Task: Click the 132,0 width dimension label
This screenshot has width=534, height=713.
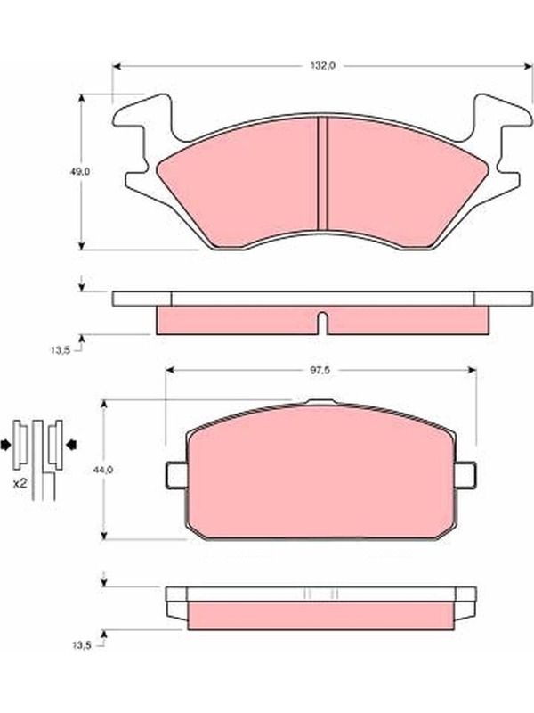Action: [x=322, y=66]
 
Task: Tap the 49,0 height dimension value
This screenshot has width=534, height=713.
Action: [x=80, y=172]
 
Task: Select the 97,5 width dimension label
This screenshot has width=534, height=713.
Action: [x=320, y=371]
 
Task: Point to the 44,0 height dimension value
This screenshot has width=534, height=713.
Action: [x=102, y=470]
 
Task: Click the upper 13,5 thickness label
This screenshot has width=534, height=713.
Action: [x=61, y=350]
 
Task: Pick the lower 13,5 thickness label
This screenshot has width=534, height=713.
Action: [x=82, y=644]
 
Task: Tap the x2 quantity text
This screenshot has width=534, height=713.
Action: [x=20, y=484]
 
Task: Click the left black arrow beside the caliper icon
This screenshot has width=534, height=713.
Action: [x=6, y=445]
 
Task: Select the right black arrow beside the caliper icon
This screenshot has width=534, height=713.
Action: [x=72, y=445]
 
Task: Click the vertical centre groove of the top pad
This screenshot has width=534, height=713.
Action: [x=322, y=173]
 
